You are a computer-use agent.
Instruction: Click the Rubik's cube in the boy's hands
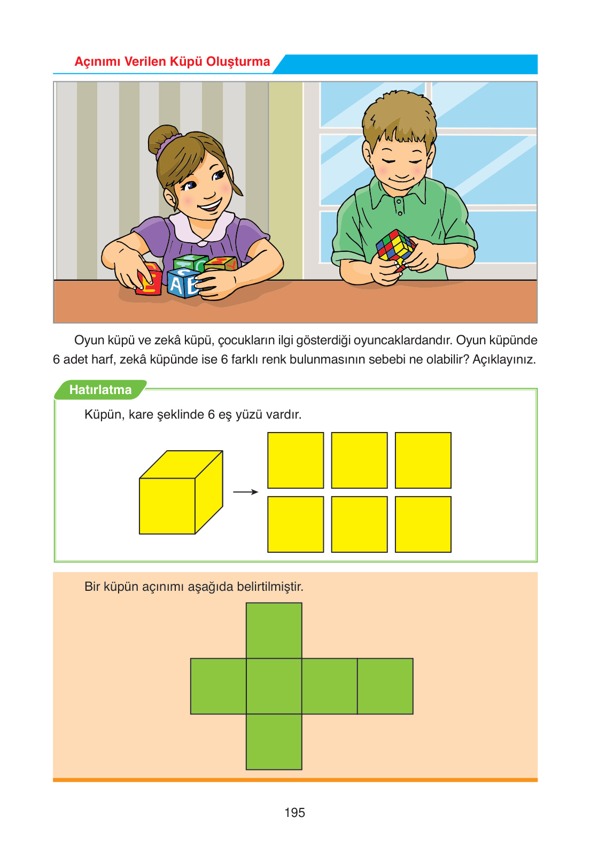[x=395, y=249]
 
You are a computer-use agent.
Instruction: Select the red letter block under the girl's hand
[x=149, y=279]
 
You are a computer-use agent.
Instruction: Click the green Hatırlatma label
[x=100, y=390]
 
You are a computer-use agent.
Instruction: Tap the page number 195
[x=294, y=813]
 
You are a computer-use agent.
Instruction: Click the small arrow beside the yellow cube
[x=246, y=492]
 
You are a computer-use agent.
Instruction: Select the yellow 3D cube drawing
[x=181, y=492]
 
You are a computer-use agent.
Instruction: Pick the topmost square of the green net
[x=274, y=630]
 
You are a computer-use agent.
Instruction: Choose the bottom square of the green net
[x=274, y=742]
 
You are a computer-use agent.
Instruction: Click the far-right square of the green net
[x=385, y=686]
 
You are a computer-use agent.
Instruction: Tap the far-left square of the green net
[x=218, y=686]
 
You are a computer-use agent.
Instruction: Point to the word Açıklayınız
[x=504, y=360]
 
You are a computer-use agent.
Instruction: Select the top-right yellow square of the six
[x=423, y=460]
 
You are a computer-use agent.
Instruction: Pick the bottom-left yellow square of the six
[x=296, y=524]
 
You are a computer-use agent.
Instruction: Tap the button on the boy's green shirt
[x=400, y=213]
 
